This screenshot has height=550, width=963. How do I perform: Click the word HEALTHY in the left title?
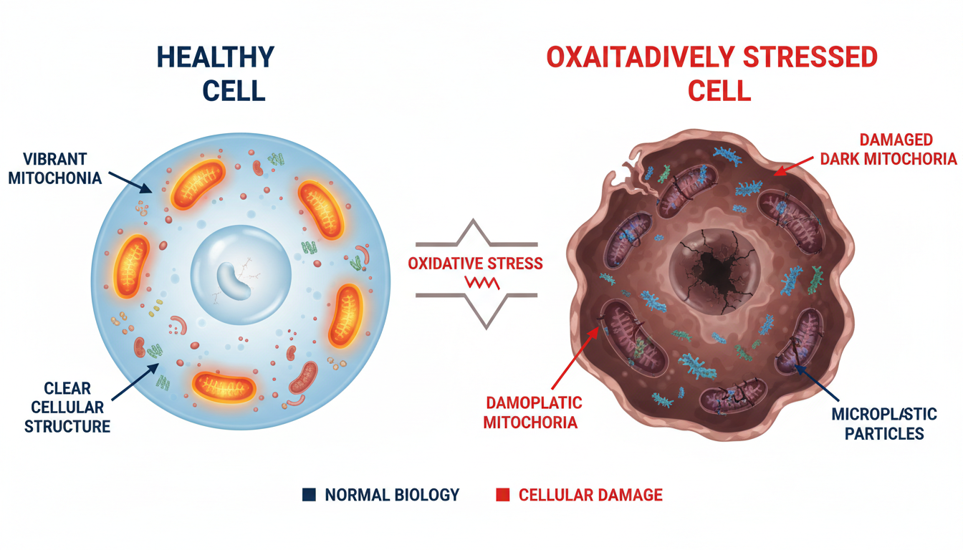216,57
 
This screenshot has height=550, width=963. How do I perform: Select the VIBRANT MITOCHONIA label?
55,168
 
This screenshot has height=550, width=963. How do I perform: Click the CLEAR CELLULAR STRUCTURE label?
67,407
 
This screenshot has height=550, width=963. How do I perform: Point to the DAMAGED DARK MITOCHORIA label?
888,149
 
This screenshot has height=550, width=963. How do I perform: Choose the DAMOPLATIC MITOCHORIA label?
532,412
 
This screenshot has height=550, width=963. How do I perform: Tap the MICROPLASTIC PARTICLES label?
884,424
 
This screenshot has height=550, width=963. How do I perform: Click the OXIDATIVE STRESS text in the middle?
475,264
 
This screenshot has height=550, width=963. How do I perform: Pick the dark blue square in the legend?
309,495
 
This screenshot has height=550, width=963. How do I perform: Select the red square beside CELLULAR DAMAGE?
502,495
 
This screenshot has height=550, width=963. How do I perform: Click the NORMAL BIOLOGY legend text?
392,495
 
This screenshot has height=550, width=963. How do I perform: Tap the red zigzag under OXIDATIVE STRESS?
482,283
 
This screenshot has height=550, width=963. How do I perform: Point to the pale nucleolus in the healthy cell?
233,281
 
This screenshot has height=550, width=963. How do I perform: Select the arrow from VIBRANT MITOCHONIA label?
130,183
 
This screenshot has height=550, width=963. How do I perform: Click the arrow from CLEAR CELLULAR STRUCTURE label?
135,382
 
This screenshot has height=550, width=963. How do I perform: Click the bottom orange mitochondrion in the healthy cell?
224,387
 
